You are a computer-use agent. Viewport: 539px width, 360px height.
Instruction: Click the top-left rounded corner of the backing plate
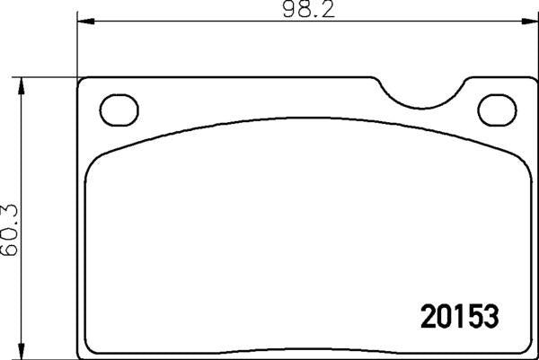coord(83,82)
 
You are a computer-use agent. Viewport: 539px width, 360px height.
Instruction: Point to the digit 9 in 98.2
coord(287,11)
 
